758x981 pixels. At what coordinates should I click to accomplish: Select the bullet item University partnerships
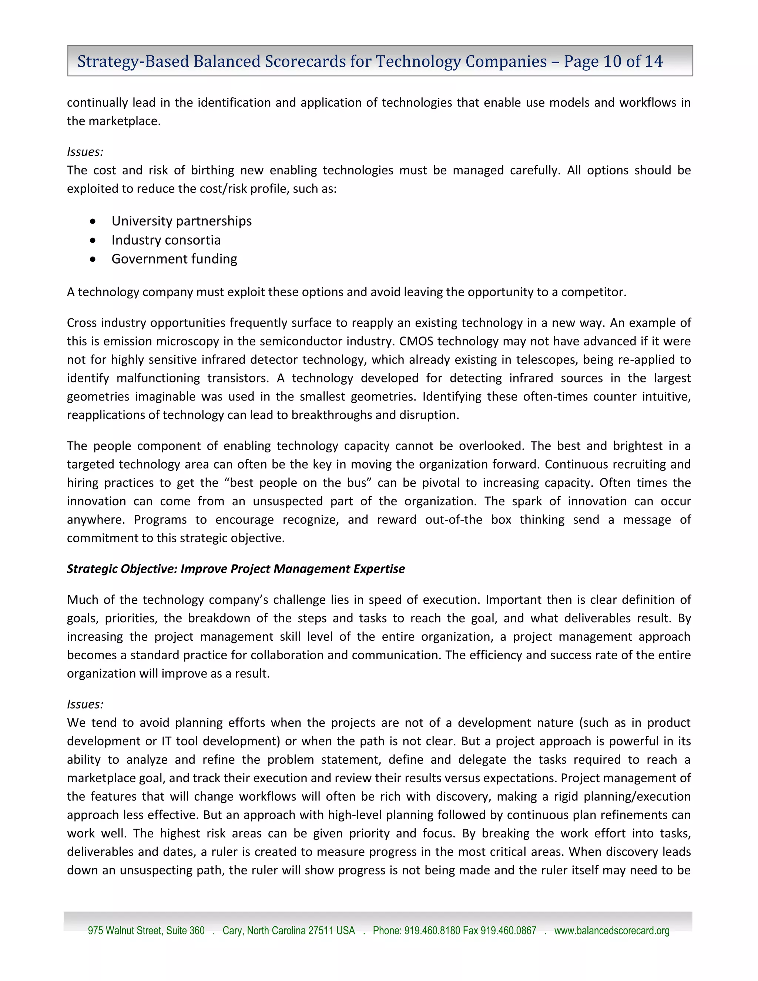click(181, 221)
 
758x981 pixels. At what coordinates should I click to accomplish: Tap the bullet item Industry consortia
click(166, 240)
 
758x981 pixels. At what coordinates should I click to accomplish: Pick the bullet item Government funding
click(174, 259)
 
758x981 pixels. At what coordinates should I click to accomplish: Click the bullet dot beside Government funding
click(93, 259)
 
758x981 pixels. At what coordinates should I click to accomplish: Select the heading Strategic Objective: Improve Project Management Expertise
click(236, 569)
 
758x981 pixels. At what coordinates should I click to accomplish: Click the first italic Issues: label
click(85, 152)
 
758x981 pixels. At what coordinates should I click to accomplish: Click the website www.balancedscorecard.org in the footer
click(611, 931)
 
